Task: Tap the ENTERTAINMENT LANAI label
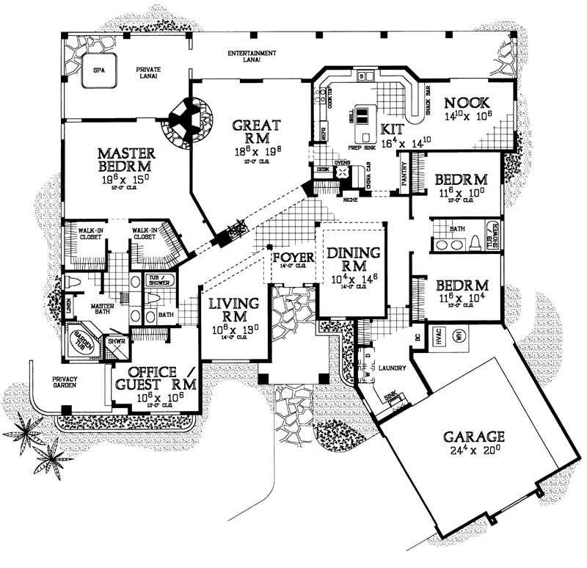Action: [252, 57]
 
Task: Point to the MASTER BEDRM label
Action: [126, 159]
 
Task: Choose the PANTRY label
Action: [406, 175]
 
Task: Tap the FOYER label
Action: [293, 258]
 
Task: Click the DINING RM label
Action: [354, 259]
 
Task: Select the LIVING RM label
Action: [233, 309]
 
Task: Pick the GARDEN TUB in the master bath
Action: [79, 342]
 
